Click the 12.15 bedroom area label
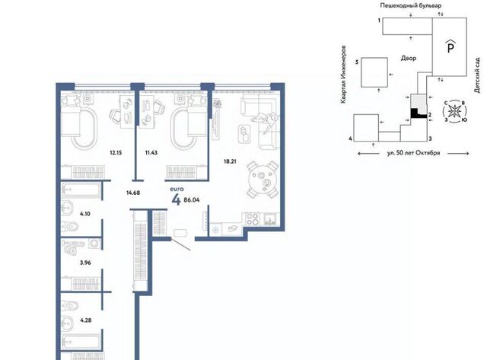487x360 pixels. [116, 152]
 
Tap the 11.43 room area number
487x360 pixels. [151, 152]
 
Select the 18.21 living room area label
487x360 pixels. [230, 161]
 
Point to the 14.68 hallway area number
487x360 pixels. [133, 193]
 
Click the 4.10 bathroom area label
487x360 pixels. [85, 214]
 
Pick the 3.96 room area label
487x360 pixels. [85, 263]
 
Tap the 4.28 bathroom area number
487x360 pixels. [86, 320]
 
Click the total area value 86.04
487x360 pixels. [192, 200]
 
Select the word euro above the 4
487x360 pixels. [177, 189]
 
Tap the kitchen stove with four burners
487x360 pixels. [253, 218]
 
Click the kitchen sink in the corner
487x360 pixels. [272, 218]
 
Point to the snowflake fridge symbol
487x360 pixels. [215, 230]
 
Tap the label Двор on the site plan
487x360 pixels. [409, 58]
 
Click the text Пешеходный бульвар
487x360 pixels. [411, 5]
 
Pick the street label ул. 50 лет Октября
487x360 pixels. [413, 153]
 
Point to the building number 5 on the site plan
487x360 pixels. [357, 62]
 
